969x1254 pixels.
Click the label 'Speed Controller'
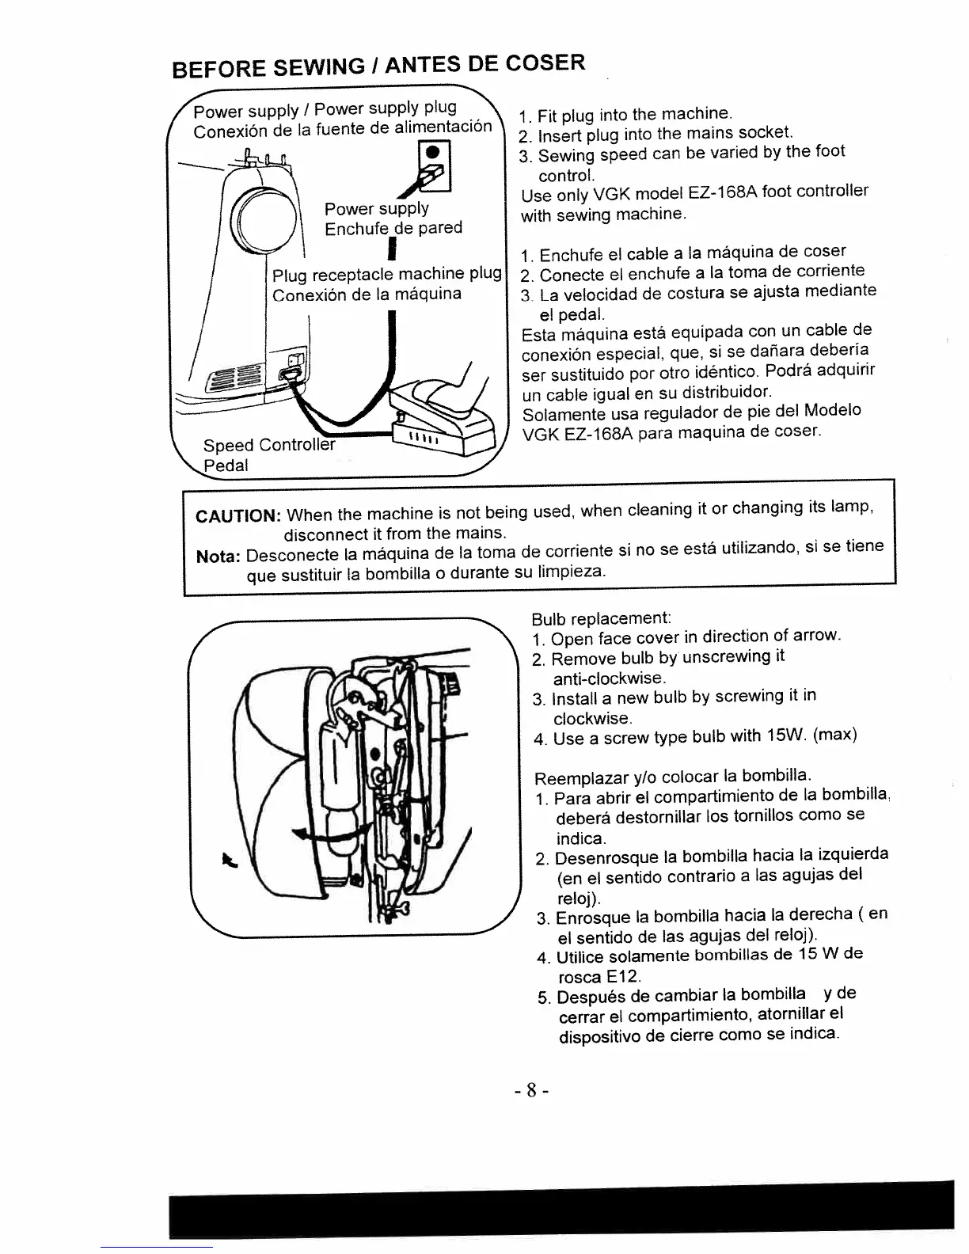[x=268, y=445]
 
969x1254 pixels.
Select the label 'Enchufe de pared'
[x=393, y=229]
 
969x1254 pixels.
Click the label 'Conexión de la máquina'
[x=366, y=294]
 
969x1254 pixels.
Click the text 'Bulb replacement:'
[x=601, y=617]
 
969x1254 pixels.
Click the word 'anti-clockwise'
[x=609, y=678]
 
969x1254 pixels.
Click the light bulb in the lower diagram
[x=345, y=784]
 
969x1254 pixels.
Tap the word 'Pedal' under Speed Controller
[x=226, y=465]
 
